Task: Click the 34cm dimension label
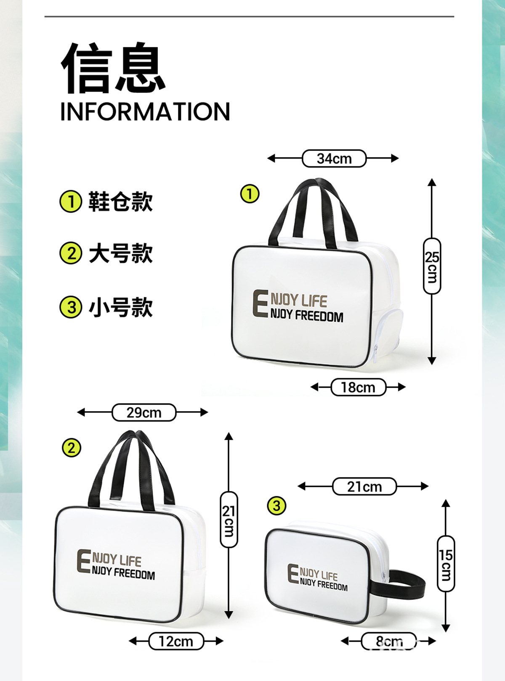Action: click(x=334, y=158)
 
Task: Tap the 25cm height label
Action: click(x=432, y=266)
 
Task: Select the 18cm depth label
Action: click(x=358, y=387)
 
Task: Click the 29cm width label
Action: click(x=144, y=412)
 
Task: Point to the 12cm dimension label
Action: click(x=176, y=641)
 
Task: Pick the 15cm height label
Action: click(x=446, y=564)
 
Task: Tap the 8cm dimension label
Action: click(x=389, y=641)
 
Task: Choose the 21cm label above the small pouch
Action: click(x=364, y=486)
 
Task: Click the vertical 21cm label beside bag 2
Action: click(x=229, y=520)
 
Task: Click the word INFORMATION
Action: click(x=145, y=112)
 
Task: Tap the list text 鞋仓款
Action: click(x=120, y=201)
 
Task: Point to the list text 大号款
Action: click(x=120, y=253)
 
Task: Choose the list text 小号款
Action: click(x=120, y=307)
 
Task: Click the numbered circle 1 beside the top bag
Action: click(x=250, y=194)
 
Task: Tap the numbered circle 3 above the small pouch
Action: click(x=276, y=505)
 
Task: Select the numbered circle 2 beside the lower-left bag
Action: click(x=71, y=448)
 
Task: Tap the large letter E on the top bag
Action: click(x=260, y=303)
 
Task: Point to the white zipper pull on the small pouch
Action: click(x=383, y=576)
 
